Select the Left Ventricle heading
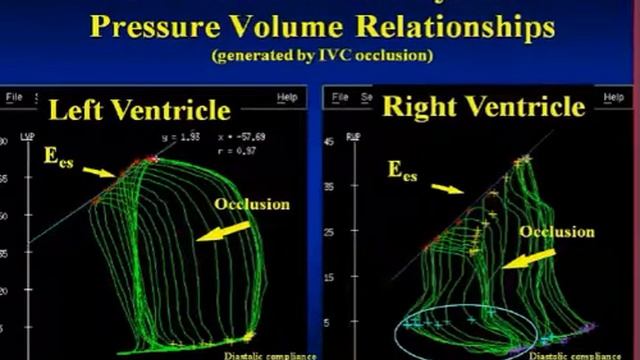pos(139,108)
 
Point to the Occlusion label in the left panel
pos(252,204)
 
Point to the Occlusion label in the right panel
pos(558,232)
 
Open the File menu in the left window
pos(15,97)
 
